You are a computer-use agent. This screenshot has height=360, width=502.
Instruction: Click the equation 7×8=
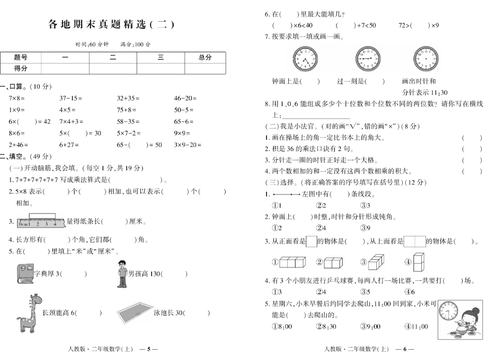(17, 98)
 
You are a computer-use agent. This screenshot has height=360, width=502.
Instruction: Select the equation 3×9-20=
(188, 145)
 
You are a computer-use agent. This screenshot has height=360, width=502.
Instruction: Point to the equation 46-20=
(185, 98)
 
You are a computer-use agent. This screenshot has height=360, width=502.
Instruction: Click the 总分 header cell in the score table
(205, 57)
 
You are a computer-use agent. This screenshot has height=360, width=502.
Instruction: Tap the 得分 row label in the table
(21, 68)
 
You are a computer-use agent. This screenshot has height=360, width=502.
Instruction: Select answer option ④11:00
(416, 326)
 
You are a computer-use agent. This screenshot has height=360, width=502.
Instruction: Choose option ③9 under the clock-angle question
(365, 228)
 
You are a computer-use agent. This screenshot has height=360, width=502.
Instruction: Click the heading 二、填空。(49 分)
(26, 156)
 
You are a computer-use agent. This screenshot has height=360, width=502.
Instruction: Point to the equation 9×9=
(182, 133)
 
